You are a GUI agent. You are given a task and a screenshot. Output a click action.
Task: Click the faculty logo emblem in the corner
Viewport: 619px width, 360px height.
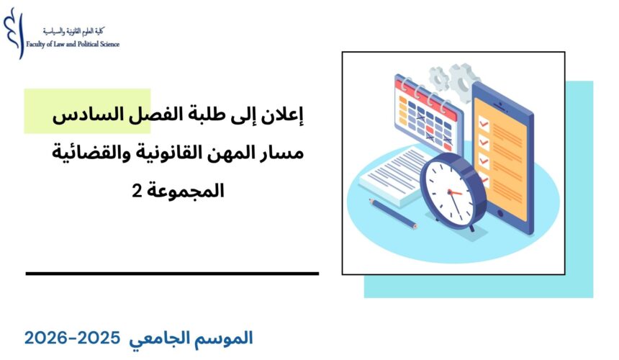coord(12,32)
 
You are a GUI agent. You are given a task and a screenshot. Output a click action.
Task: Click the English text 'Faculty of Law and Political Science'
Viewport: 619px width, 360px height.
coord(73,45)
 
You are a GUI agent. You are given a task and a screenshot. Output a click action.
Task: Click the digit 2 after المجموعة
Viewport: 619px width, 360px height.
coord(137,192)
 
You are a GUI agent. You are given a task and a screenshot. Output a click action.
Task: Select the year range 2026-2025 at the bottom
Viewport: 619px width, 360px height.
coord(73,337)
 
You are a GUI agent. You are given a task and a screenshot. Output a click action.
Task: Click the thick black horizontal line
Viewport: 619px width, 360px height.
coord(172,274)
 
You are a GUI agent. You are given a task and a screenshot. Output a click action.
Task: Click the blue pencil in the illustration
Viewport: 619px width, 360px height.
coord(393,213)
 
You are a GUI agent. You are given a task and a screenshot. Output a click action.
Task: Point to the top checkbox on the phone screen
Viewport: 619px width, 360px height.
coord(484,123)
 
